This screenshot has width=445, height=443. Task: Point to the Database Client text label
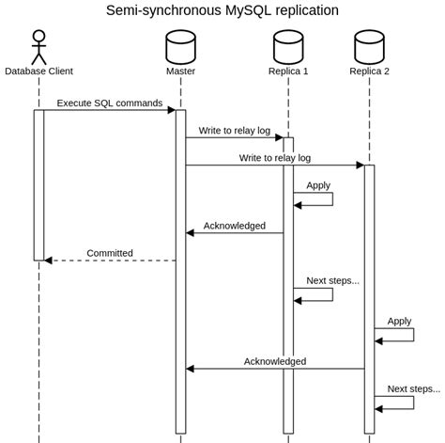pyautogui.click(x=38, y=71)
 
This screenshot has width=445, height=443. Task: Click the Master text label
pyautogui.click(x=180, y=71)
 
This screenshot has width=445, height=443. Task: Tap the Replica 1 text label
pyautogui.click(x=288, y=71)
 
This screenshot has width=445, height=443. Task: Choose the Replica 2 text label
pyautogui.click(x=369, y=71)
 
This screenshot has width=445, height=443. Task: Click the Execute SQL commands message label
pyautogui.click(x=109, y=103)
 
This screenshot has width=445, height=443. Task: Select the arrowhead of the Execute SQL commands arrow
pyautogui.click(x=172, y=110)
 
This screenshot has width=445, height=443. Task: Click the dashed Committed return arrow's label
pyautogui.click(x=110, y=253)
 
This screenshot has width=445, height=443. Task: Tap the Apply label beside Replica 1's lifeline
pyautogui.click(x=318, y=185)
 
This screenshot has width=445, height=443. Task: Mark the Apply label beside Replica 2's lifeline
pyautogui.click(x=399, y=321)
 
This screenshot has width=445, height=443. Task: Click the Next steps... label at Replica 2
pyautogui.click(x=413, y=388)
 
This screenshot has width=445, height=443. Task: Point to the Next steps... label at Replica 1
pyautogui.click(x=332, y=280)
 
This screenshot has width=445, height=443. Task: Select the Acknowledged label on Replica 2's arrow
pyautogui.click(x=275, y=361)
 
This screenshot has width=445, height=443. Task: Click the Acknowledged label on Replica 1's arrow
pyautogui.click(x=235, y=226)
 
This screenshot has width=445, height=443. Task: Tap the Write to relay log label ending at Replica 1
pyautogui.click(x=234, y=130)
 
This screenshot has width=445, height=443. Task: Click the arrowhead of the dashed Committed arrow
pyautogui.click(x=48, y=261)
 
